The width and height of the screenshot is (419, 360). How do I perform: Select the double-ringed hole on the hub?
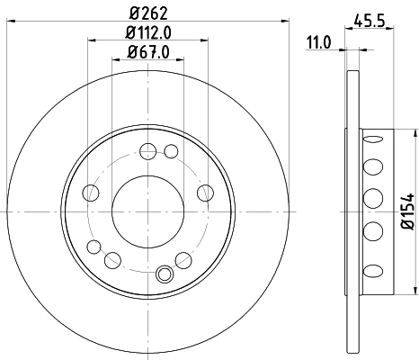tap(164, 275)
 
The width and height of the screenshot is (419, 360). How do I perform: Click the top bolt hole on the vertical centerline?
tap(147, 151)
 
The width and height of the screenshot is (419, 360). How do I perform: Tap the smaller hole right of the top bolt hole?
tap(171, 149)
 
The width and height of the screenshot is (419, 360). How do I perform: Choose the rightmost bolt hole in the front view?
tap(205, 192)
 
